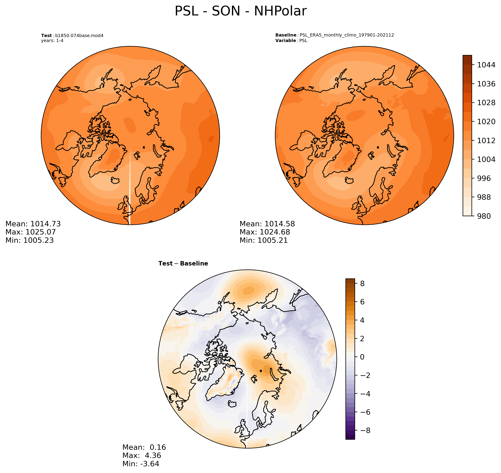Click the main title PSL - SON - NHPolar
[x=241, y=11]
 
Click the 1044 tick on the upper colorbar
[x=486, y=65]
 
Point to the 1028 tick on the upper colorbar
[x=486, y=103]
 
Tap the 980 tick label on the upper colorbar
[x=484, y=216]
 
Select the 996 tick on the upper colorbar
[x=484, y=178]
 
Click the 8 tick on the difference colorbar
[x=362, y=284]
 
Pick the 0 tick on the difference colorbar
[x=362, y=357]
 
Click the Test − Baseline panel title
[x=183, y=264]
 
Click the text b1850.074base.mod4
[x=79, y=35]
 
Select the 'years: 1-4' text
[x=52, y=41]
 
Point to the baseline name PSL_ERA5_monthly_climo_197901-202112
[x=347, y=35]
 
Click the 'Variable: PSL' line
[x=291, y=41]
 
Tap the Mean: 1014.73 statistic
[x=33, y=224]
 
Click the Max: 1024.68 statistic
[x=265, y=232]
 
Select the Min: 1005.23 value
[x=29, y=240]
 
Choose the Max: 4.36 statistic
[x=142, y=455]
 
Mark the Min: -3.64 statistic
[x=141, y=464]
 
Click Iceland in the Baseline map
[x=349, y=180]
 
